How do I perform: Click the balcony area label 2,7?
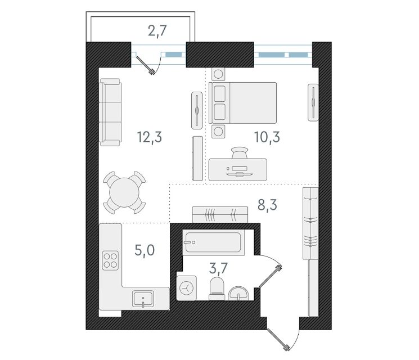[157, 31]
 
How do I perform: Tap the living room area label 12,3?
[150, 137]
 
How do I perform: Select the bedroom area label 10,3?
[267, 137]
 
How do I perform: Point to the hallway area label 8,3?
[267, 205]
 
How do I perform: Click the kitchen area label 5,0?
[145, 250]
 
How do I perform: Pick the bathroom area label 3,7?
[218, 268]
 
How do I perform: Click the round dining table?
[124, 192]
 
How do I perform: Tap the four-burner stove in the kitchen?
[110, 260]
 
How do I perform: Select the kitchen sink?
[143, 299]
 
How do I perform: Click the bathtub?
[213, 242]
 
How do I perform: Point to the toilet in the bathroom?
[217, 289]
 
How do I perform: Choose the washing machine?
[187, 288]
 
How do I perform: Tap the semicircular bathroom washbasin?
[238, 294]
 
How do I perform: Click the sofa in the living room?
[110, 112]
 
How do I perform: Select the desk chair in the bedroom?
[240, 152]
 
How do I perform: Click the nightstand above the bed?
[218, 74]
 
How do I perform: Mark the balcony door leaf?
[145, 65]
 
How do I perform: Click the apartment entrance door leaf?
[278, 339]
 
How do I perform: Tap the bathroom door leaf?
[270, 277]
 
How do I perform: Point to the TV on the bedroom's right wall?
[313, 102]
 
